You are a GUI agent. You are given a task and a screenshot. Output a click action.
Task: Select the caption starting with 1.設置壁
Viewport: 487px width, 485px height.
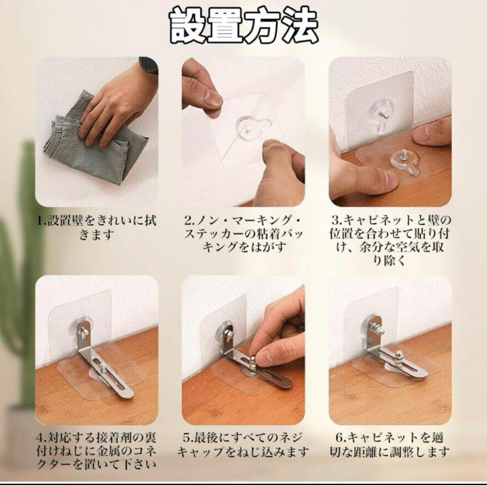97,228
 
